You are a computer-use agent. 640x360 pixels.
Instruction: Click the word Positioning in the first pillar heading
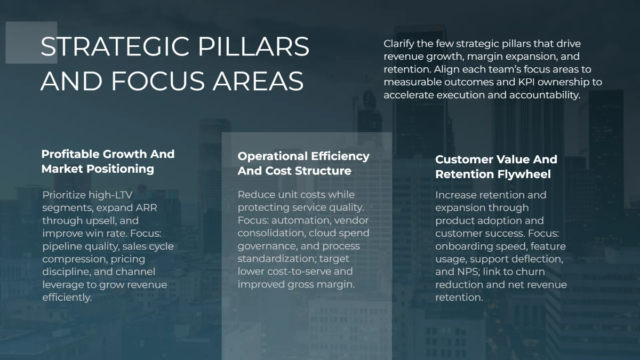point(124,169)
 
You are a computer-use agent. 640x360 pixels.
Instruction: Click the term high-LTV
point(109,195)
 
